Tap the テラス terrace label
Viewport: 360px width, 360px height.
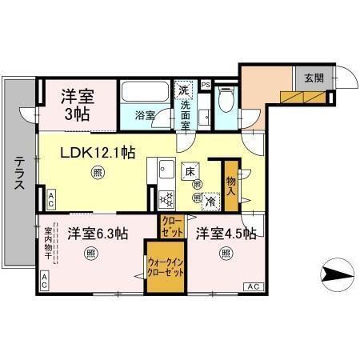[19, 170]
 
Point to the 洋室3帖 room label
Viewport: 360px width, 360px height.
[78, 103]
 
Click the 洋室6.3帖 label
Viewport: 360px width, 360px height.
[97, 234]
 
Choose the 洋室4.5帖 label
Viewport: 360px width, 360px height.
[226, 234]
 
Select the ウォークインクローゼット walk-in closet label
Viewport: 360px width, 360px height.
[165, 266]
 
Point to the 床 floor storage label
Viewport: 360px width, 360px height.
[190, 171]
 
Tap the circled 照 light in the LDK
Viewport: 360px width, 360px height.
[97, 171]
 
